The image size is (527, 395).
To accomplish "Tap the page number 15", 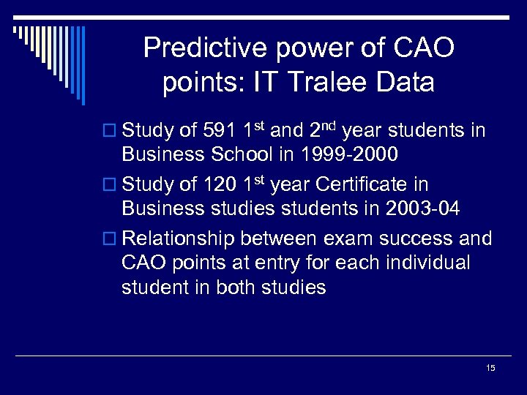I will click(x=490, y=368).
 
